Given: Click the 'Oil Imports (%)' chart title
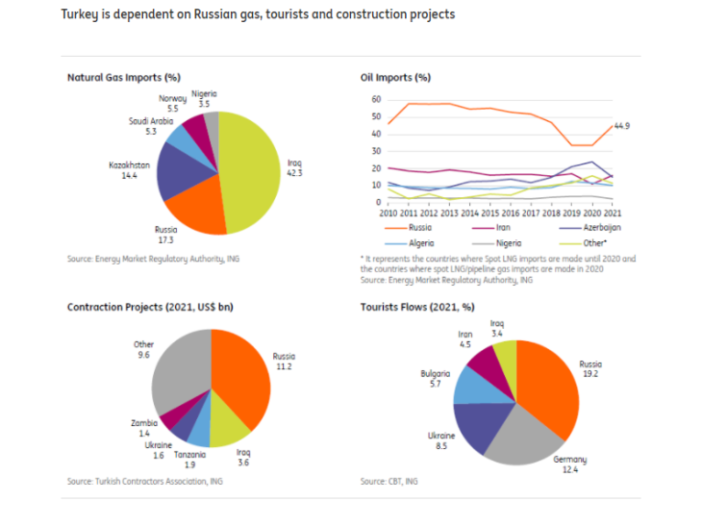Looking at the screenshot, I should [394, 77].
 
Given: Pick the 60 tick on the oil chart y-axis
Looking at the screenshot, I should [376, 99].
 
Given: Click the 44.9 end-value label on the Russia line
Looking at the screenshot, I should [622, 126].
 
